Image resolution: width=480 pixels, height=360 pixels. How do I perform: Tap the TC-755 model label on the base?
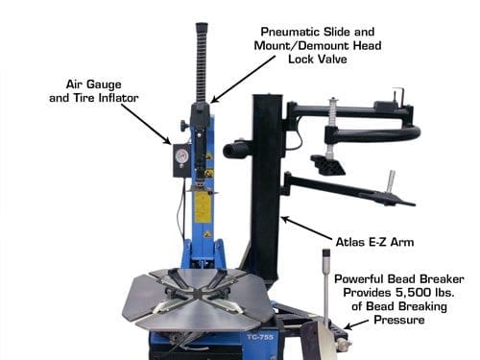pos(260,337)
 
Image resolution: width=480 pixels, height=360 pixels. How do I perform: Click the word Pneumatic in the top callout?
pos(289,32)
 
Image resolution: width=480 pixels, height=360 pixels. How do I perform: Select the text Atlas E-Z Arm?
pos(374,242)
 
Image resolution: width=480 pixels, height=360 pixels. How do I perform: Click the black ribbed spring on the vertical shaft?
pos(202,62)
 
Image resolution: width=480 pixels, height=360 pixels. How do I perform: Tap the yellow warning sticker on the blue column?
pos(203,206)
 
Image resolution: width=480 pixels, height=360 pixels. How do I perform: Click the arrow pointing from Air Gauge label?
pos(146,124)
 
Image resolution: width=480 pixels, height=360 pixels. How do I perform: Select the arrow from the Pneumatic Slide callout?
pos(243,80)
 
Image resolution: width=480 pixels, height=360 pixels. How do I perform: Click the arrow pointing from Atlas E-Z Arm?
pos(307,228)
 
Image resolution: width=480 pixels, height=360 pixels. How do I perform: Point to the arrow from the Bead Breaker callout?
pos(356,324)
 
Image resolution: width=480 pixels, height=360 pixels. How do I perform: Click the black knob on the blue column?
pos(183,125)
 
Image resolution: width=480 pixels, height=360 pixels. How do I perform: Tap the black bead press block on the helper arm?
pos(327,164)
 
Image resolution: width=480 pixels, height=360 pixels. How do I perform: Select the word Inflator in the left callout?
pos(118,98)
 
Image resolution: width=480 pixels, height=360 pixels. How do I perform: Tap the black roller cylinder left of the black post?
pos(234,151)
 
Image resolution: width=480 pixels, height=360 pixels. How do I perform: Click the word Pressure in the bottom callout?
pos(399,320)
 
